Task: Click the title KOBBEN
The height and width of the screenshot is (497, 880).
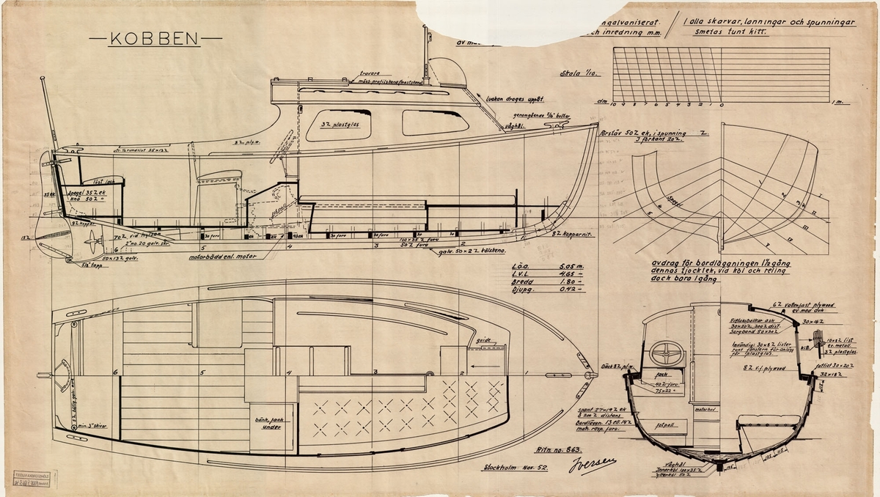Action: pyautogui.click(x=155, y=40)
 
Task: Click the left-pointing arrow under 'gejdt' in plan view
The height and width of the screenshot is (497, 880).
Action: pyautogui.click(x=485, y=360)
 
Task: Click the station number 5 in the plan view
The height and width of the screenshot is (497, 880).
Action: pyautogui.click(x=201, y=372)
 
